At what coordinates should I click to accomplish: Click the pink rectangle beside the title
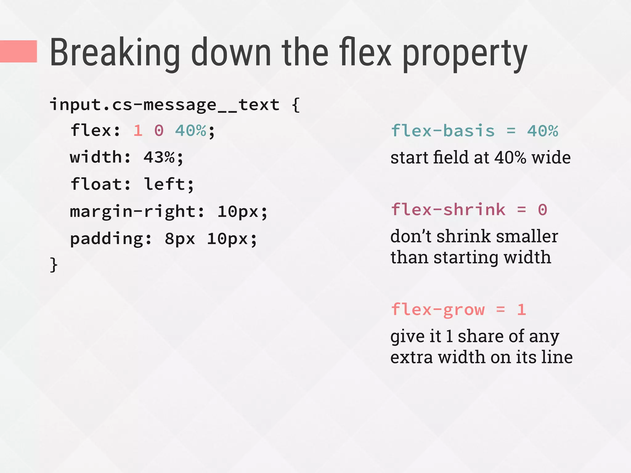click(18, 51)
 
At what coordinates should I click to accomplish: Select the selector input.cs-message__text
click(165, 105)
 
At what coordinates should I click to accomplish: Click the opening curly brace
click(295, 105)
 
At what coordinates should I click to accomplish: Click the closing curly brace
click(54, 265)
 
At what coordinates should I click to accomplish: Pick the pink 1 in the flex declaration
click(138, 131)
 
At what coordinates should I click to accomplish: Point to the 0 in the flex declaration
click(159, 131)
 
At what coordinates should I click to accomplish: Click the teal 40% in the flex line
click(190, 131)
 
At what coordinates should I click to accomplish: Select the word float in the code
click(96, 184)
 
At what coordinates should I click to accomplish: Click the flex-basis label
click(442, 131)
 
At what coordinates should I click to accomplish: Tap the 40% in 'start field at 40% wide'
click(510, 158)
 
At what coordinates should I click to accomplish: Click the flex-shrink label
click(448, 210)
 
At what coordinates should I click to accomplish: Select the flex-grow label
click(438, 310)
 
